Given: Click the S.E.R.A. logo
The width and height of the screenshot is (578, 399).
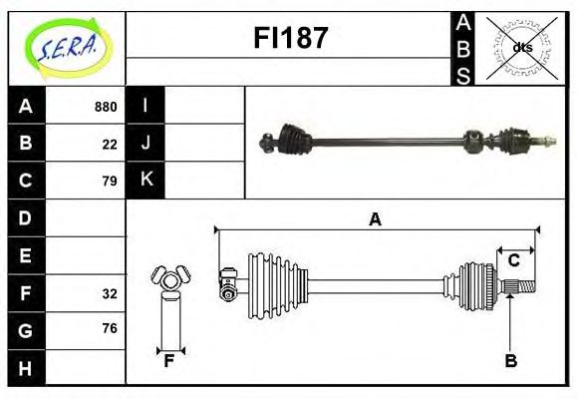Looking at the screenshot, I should coord(67,47).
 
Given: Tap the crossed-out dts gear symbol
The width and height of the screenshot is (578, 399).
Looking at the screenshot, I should coord(521,47).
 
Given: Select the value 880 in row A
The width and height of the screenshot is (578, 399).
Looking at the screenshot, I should coord(106,107).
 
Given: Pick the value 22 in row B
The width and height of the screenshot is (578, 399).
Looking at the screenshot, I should coord(110,144).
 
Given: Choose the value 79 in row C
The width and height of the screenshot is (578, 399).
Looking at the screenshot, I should coord(110,181).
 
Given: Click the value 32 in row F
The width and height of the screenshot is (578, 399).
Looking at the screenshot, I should coord(110,293).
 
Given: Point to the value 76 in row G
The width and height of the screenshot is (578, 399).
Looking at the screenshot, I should coord(110,329).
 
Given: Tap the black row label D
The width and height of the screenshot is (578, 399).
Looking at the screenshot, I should coord(25,217).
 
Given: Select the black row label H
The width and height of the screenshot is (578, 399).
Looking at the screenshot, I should coord(25,368).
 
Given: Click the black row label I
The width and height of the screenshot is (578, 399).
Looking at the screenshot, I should coord(145,106).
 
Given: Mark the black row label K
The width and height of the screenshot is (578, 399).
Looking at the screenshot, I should coord(145,181).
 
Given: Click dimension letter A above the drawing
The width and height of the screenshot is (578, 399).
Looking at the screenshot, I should coord(375,219).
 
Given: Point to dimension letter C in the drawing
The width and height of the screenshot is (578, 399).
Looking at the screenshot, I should coord(513,260).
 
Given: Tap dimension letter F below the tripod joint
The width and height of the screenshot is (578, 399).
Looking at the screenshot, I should coord(169,361).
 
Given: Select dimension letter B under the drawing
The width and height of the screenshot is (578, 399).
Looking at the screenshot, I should coord(510,361).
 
